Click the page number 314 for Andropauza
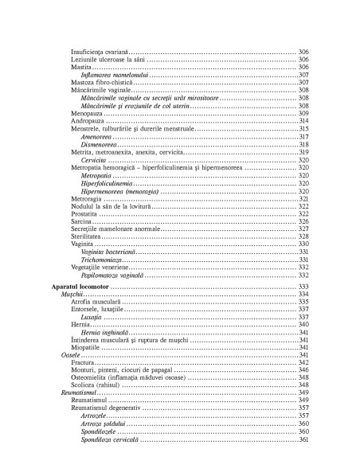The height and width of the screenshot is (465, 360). pos(303,121)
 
